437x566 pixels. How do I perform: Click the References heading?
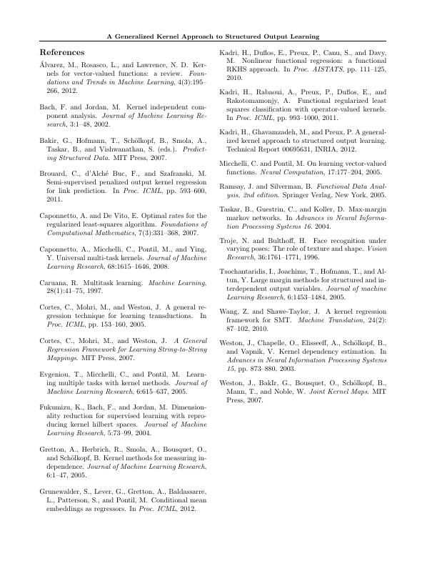coord(62,53)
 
